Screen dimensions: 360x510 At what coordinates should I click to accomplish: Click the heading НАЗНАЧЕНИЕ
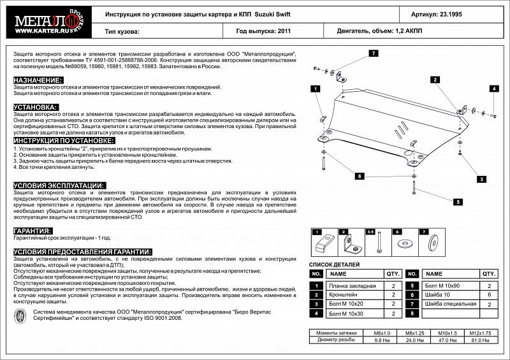click(38, 80)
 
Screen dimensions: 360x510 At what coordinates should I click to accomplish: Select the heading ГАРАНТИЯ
click(33, 231)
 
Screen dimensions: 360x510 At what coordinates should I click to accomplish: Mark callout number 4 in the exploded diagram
click(493, 89)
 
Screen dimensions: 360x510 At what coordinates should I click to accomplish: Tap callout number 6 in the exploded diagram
click(360, 176)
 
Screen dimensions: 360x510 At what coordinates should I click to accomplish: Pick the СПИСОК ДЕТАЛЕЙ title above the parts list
click(334, 264)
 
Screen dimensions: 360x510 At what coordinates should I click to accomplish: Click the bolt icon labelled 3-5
click(379, 243)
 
